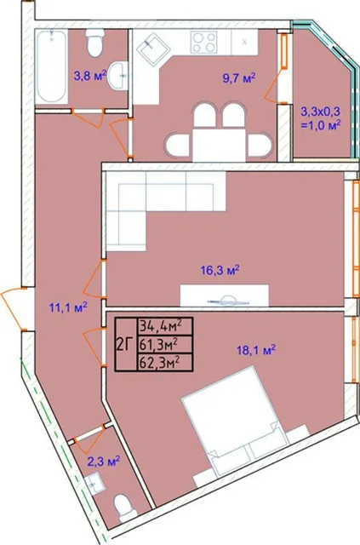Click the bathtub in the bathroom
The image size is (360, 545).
[51, 66]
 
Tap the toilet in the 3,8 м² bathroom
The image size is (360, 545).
[94, 43]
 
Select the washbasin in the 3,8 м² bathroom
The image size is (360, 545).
[118, 76]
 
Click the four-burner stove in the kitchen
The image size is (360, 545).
[203, 42]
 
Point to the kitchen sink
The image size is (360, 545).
[153, 49]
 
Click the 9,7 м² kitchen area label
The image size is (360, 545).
[239, 77]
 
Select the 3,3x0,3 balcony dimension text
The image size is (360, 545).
[320, 112]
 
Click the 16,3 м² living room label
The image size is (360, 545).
[220, 270]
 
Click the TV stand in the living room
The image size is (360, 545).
[225, 295]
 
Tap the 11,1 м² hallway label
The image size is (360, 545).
[68, 307]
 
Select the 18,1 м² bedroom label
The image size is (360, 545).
[256, 350]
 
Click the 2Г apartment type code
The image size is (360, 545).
[125, 345]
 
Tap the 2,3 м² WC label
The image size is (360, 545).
[104, 462]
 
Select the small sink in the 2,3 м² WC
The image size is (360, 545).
[94, 483]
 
